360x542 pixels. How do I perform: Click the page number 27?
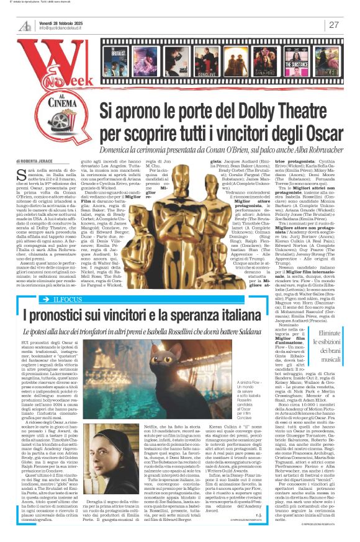(x=334, y=25)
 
